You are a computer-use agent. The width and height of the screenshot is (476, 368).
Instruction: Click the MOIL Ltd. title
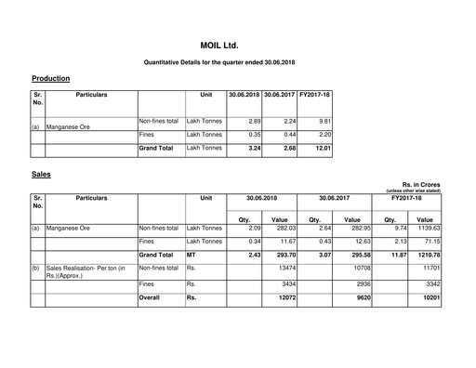pyautogui.click(x=237, y=44)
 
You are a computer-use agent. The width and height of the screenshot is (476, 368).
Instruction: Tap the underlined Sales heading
pyautogui.click(x=41, y=173)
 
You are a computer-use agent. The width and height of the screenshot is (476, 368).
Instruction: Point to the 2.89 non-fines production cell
pyautogui.click(x=246, y=121)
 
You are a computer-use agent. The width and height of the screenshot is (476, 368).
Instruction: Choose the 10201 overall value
pyautogui.click(x=430, y=298)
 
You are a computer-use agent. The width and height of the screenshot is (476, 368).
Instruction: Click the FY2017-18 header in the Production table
pyautogui.click(x=315, y=95)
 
